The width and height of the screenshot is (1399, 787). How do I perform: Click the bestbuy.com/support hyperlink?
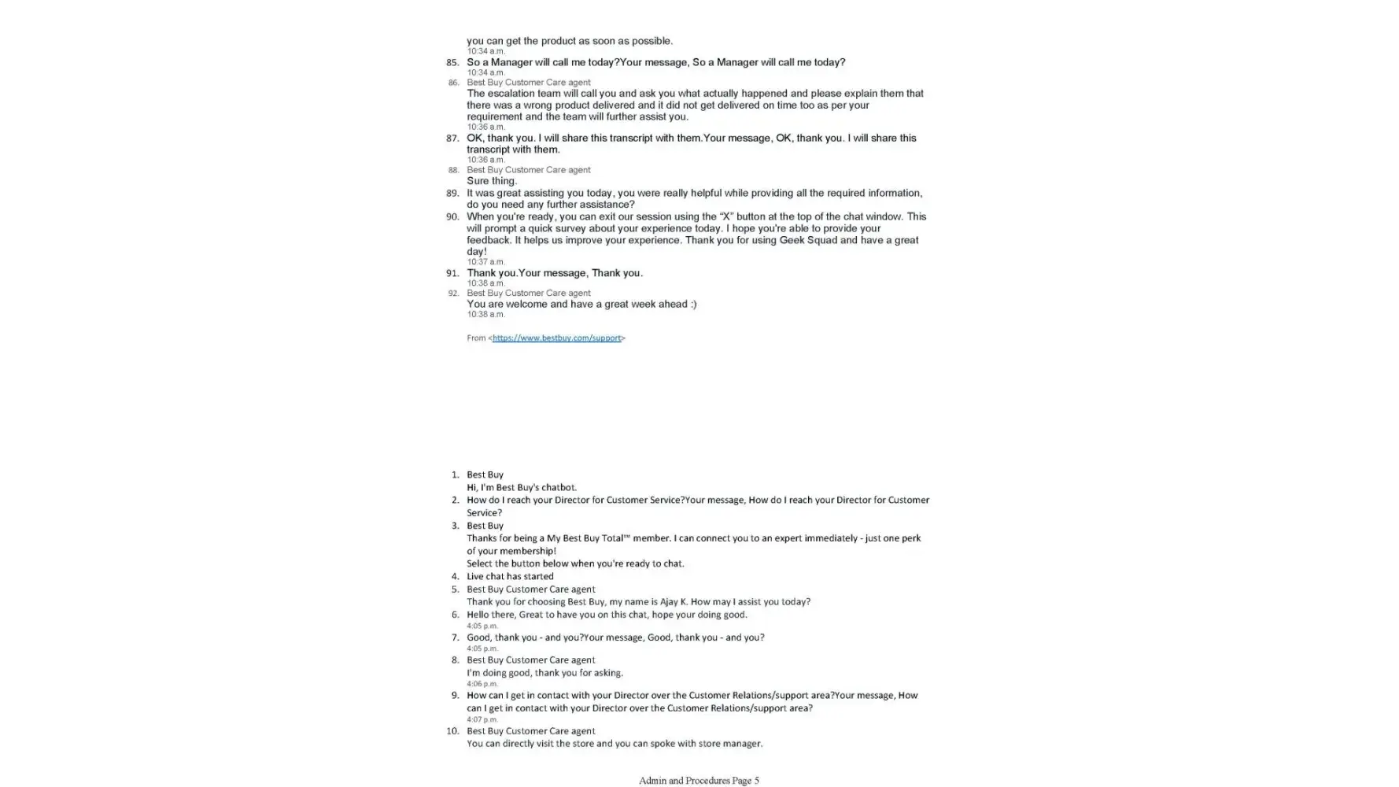tap(556, 338)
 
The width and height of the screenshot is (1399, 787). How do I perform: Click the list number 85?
tap(452, 62)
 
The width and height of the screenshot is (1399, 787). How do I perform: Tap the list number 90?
tap(452, 216)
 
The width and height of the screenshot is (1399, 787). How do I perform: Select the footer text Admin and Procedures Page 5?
tap(699, 781)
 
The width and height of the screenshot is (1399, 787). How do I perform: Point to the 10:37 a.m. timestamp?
tap(485, 262)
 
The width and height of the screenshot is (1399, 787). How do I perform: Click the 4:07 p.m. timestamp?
tap(482, 719)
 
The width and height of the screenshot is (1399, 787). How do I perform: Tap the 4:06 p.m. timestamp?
tap(482, 684)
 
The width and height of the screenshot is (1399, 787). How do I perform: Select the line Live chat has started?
tap(510, 576)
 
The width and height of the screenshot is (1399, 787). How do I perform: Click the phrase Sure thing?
tap(492, 181)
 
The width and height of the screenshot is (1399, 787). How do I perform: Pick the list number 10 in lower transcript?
tap(452, 731)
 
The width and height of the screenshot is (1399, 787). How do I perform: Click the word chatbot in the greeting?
tap(558, 487)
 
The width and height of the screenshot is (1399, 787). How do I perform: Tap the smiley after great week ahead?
tap(691, 304)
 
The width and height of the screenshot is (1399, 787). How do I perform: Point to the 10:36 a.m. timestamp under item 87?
tap(485, 160)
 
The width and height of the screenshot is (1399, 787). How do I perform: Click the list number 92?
tap(453, 294)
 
